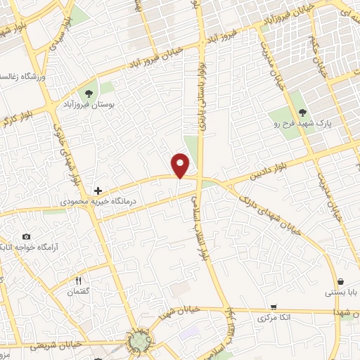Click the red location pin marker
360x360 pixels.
pos(181,165)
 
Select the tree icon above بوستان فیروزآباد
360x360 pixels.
pos(89,94)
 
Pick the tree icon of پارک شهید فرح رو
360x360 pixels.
pos(302,112)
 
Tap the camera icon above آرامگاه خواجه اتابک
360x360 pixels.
pos(26,236)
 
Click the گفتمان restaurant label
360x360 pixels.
pos(79,292)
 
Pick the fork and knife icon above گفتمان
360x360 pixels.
pos(79,281)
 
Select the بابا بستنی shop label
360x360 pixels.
pos(340,291)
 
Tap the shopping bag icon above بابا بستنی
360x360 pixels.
pos(341,281)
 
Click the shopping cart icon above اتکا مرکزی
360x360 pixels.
pos(273,307)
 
